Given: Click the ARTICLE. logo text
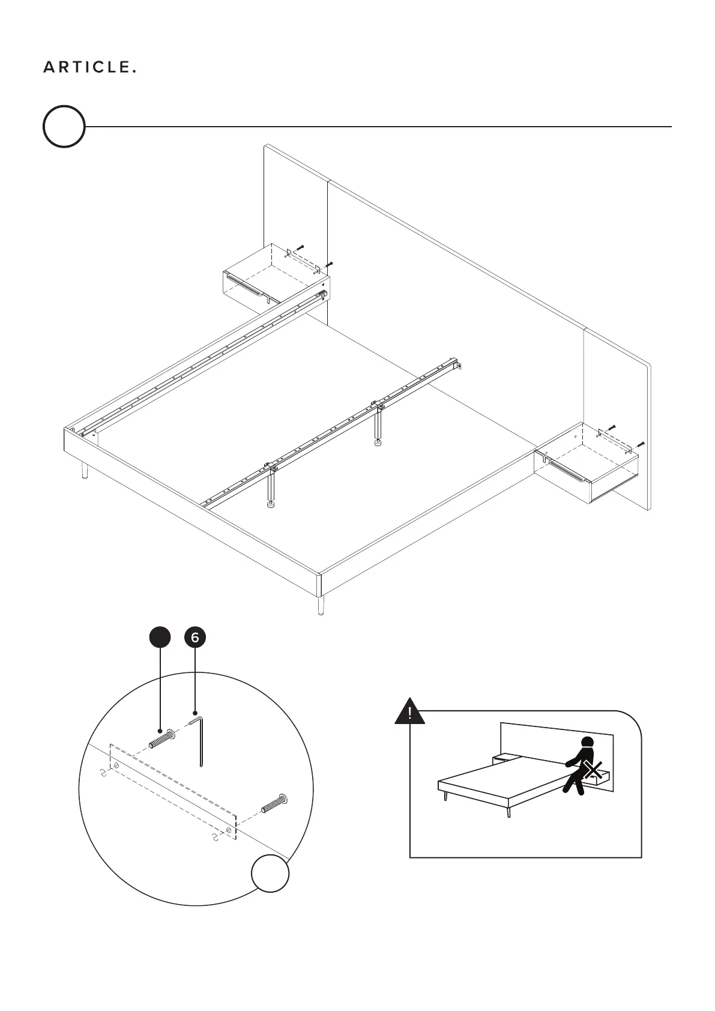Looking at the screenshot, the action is pyautogui.click(x=89, y=68).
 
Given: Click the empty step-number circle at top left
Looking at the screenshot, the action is pyautogui.click(x=64, y=127).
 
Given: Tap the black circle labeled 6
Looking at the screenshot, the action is pyautogui.click(x=195, y=637).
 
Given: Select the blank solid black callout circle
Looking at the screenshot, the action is pyautogui.click(x=160, y=637).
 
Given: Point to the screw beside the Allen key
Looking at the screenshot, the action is pyautogui.click(x=161, y=738).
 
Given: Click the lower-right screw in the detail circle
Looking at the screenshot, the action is pyautogui.click(x=276, y=803).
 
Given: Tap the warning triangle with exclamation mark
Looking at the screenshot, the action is pyautogui.click(x=409, y=713).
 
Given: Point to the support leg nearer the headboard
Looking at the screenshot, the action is pyautogui.click(x=379, y=428).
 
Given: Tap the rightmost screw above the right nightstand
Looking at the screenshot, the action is pyautogui.click(x=641, y=445).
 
